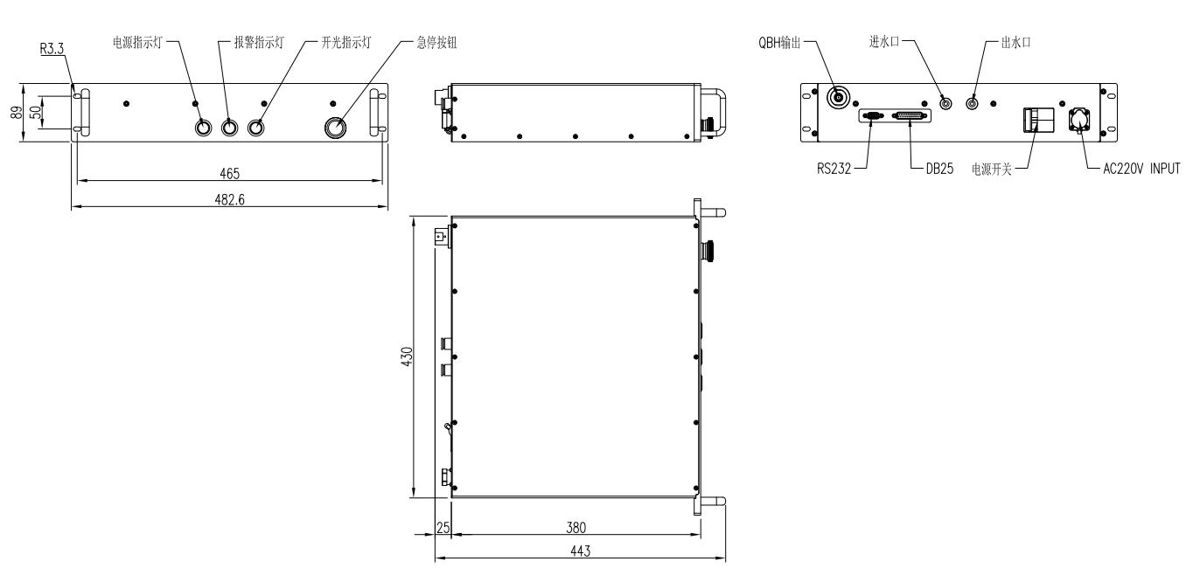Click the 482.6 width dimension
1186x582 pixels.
coord(229,199)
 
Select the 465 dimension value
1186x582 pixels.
coord(230,173)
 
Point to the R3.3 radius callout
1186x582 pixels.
coord(52,51)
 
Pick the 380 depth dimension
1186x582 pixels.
coord(575,527)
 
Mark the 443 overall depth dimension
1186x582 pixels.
coord(581,551)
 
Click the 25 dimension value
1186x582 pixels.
coord(443,527)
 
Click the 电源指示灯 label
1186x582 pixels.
coord(138,42)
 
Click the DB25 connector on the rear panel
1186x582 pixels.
coord(909,115)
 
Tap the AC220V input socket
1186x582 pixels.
coord(1078,120)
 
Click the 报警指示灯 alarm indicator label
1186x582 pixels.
coord(259,42)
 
